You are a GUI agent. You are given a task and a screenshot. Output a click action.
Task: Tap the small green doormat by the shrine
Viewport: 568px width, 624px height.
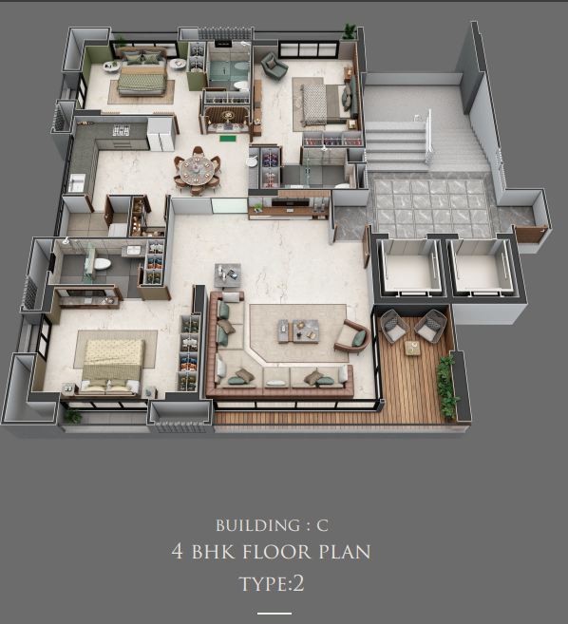[x=229, y=139]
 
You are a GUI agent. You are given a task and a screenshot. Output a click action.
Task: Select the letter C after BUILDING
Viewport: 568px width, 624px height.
[x=322, y=525]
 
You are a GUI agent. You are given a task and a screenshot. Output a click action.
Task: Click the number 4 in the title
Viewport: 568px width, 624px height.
[x=178, y=551]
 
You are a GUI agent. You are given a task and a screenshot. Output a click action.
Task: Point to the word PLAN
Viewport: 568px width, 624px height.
[x=345, y=552]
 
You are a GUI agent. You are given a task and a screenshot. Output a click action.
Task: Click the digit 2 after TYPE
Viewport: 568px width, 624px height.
[x=298, y=583]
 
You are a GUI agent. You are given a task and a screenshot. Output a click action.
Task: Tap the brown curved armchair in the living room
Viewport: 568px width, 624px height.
[x=352, y=336]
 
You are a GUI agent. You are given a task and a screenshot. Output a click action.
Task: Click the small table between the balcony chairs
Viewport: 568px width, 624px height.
[x=413, y=348]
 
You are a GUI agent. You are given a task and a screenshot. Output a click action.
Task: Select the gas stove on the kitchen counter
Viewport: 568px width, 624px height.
[x=122, y=130]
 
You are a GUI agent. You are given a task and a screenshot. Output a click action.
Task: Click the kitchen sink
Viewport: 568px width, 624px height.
[x=76, y=182]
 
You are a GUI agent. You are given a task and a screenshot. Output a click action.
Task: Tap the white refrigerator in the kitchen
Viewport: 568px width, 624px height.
[x=161, y=134]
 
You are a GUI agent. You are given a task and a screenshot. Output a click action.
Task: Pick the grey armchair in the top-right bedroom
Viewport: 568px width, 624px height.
[x=274, y=65]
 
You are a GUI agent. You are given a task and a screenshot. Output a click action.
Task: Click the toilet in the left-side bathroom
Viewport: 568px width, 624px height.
[x=102, y=263]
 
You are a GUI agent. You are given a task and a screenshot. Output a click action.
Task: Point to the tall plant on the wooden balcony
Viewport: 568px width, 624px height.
[x=446, y=388]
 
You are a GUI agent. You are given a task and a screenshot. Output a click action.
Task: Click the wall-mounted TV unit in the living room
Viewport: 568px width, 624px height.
[x=290, y=205]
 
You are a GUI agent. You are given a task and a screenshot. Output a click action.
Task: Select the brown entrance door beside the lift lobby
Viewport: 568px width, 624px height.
[x=531, y=234]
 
